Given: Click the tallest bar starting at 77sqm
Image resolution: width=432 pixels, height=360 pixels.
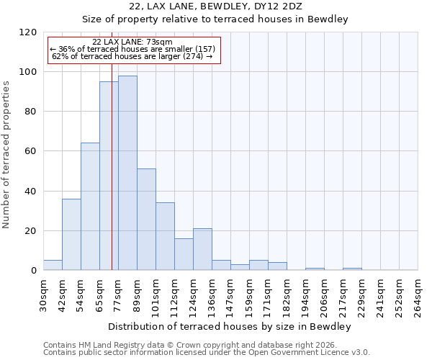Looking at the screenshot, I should click(127, 173).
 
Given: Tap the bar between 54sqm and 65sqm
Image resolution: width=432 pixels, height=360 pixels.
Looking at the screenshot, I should click(90, 207).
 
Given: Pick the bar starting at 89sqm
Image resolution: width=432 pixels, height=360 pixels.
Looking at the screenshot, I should click(146, 220).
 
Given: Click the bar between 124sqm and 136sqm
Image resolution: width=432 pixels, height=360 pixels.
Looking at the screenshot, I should click(202, 249).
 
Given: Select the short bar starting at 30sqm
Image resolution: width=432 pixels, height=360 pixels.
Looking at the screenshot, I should click(53, 265).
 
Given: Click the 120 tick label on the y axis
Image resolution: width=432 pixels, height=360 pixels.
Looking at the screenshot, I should click(28, 32).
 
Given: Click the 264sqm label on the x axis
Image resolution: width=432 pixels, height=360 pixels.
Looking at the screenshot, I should click(418, 295).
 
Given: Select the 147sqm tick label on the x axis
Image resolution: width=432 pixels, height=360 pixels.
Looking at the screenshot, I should click(231, 295).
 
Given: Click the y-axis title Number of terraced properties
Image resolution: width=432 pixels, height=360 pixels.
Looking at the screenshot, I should click(7, 155).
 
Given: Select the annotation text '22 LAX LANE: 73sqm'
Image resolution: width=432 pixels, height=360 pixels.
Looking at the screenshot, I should click(132, 42).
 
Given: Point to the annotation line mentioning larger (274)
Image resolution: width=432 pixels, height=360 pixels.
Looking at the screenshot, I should click(132, 56).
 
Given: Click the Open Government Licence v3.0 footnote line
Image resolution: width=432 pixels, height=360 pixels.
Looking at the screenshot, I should click(206, 353).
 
